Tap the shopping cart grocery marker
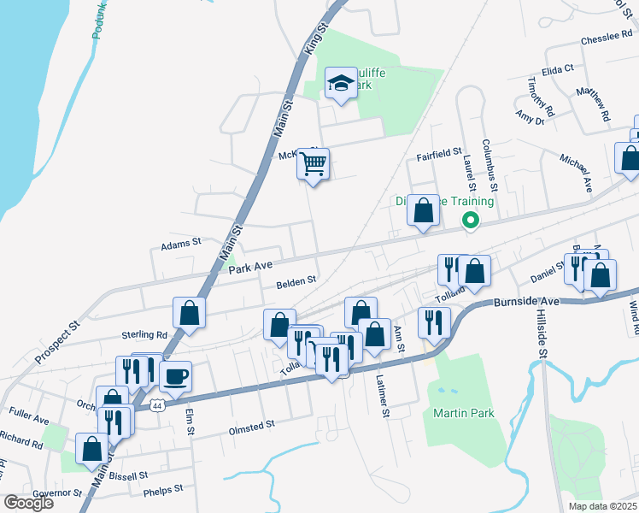(314, 162)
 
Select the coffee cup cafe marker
(175, 376)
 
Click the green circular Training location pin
(470, 221)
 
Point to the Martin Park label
(463, 413)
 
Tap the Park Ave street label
(250, 268)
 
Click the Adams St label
(180, 245)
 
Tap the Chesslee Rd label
(605, 40)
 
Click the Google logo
(28, 503)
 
